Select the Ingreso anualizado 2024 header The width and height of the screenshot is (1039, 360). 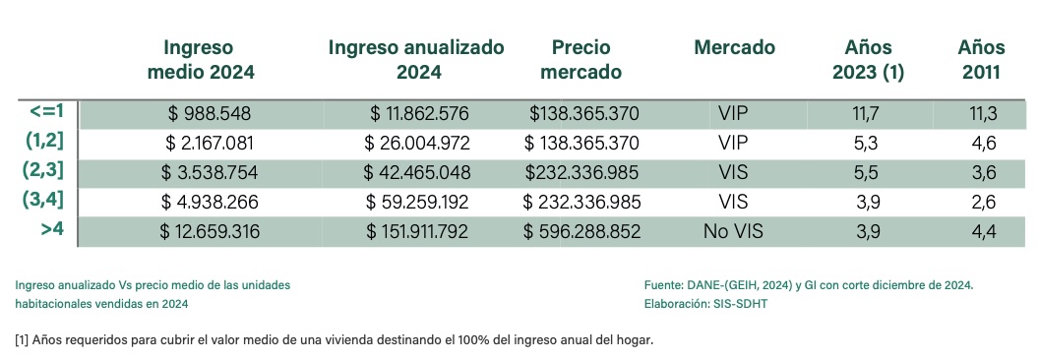point(416,59)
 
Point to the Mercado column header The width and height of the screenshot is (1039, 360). point(734,47)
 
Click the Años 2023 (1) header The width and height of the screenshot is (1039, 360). point(868,59)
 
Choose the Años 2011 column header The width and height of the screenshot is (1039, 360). point(981,59)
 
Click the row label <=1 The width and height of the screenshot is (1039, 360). point(48,111)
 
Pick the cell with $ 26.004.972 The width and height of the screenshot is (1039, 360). point(417,144)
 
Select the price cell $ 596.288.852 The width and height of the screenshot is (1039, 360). point(581,233)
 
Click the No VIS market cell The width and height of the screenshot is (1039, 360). point(734,233)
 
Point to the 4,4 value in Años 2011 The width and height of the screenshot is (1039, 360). point(983,233)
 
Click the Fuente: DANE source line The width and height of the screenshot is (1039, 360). point(807,285)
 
